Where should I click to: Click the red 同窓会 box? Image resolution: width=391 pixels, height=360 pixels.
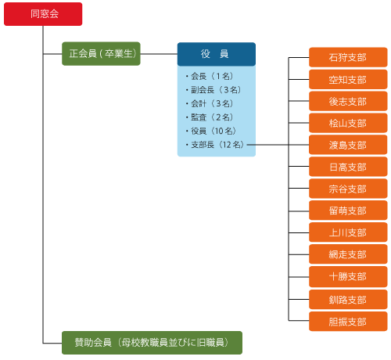43,14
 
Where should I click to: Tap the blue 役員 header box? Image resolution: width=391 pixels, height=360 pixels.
217,54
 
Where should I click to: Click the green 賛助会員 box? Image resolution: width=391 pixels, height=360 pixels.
152,342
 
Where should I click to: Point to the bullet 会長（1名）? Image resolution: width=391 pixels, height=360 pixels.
210,77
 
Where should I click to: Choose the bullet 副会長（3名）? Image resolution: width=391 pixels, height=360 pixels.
213,90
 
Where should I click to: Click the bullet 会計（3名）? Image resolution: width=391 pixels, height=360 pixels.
210,103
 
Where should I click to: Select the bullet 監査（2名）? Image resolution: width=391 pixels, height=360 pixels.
210,117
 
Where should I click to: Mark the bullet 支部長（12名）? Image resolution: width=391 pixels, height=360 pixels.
215,145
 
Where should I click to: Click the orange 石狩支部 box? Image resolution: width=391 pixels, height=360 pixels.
348,57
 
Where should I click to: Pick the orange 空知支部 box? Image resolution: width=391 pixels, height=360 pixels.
348,79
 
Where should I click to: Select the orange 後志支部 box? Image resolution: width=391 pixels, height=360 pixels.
348,101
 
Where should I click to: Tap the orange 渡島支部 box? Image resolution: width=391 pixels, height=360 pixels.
348,145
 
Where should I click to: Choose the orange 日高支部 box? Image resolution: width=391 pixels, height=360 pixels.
348,167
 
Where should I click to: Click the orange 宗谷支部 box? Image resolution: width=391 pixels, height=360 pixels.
348,189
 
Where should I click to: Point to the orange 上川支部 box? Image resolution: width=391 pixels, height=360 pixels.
348,232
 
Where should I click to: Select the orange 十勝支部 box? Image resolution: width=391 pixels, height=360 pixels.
348,277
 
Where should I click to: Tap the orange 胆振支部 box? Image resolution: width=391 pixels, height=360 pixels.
348,321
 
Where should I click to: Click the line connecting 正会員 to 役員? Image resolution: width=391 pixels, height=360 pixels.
159,54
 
